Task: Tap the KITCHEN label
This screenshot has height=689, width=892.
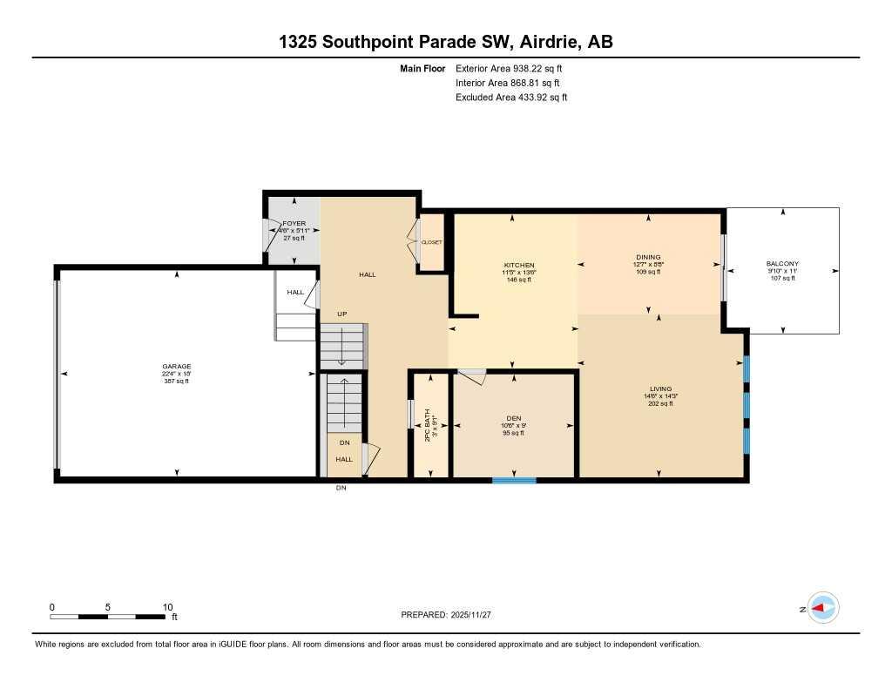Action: [518, 265]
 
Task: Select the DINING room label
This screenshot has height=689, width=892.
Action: [648, 257]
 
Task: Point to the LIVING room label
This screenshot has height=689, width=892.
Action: [660, 388]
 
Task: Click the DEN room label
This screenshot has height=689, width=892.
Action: [514, 417]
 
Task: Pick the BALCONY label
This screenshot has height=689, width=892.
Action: [782, 264]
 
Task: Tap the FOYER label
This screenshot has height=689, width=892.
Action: [294, 224]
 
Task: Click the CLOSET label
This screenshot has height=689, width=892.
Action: [432, 241]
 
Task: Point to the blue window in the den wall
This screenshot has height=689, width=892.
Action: [514, 479]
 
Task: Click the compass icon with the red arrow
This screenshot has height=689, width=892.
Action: [822, 608]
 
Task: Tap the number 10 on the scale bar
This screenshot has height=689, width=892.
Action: [168, 607]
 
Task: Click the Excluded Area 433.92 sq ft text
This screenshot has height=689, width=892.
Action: [510, 98]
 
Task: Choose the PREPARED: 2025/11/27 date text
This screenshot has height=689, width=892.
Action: [446, 614]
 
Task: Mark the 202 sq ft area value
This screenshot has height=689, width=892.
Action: [660, 403]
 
